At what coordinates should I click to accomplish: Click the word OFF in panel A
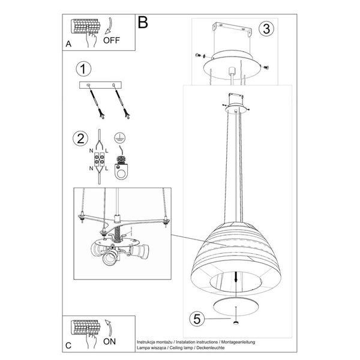[x=112, y=40]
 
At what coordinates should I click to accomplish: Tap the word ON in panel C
[x=110, y=341]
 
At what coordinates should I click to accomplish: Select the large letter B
[x=143, y=22]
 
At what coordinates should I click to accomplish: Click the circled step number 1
[x=83, y=69]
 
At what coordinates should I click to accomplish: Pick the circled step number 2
[x=80, y=139]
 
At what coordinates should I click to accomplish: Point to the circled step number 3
[x=266, y=29]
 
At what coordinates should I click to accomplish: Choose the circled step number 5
[x=197, y=319]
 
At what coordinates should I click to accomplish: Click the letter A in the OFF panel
[x=68, y=44]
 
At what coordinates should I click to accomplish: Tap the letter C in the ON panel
[x=68, y=346]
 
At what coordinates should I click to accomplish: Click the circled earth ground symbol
[x=119, y=138]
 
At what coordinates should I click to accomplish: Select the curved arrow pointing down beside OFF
[x=109, y=26]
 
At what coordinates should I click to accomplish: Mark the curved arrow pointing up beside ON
[x=109, y=328]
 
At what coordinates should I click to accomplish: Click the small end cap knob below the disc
[x=236, y=323]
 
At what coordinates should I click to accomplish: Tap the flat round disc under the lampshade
[x=236, y=306]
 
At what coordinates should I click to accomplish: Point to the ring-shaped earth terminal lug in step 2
[x=121, y=171]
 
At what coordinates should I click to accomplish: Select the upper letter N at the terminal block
[x=91, y=151]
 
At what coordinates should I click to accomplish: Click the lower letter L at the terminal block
[x=107, y=169]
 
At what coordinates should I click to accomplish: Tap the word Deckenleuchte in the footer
[x=211, y=348]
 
